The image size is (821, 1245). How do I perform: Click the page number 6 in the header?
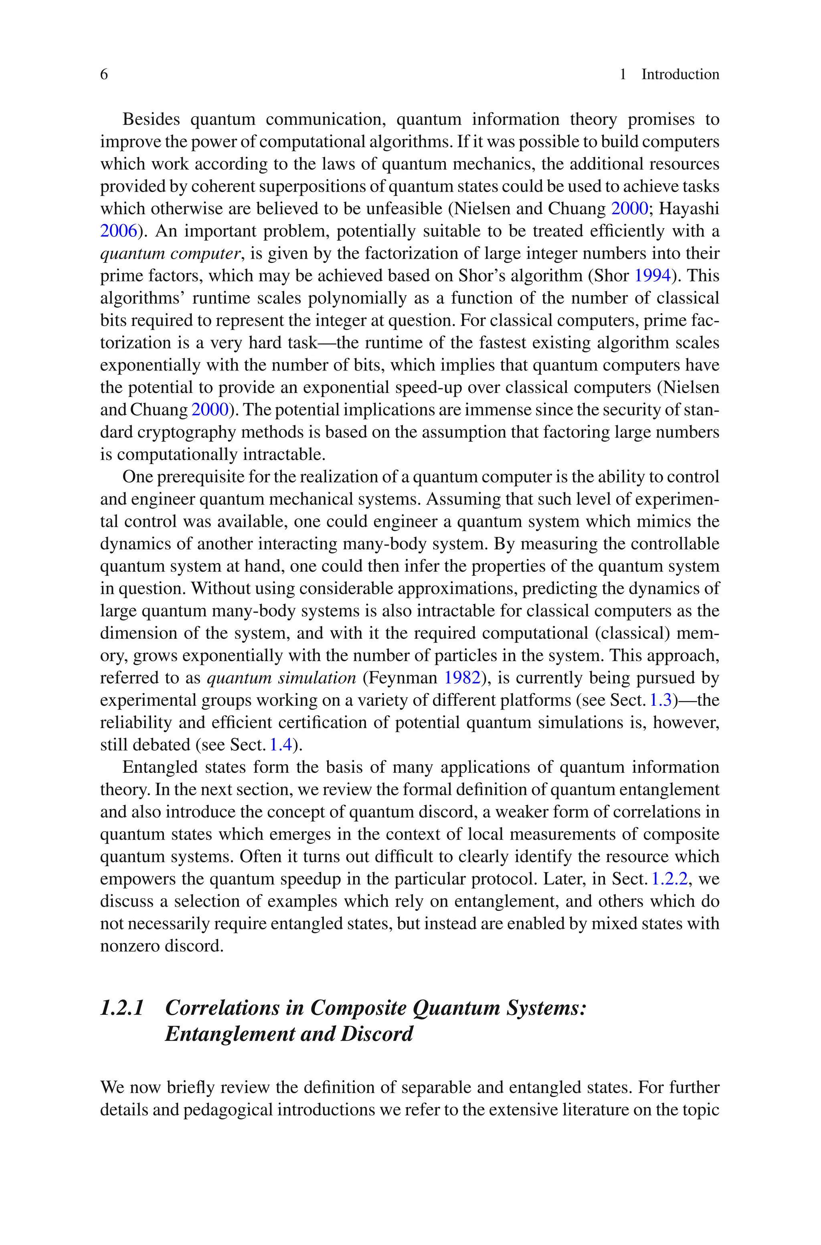(104, 74)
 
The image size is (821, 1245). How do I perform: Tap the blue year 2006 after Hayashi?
(118, 231)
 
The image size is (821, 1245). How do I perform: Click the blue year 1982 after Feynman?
(462, 678)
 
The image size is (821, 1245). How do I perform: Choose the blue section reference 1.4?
(280, 745)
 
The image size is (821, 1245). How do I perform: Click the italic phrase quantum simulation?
(281, 678)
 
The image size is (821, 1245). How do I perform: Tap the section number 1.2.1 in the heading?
(121, 1008)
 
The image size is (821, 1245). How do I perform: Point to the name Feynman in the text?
(403, 678)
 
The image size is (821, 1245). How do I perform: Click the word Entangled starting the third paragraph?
(159, 767)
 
